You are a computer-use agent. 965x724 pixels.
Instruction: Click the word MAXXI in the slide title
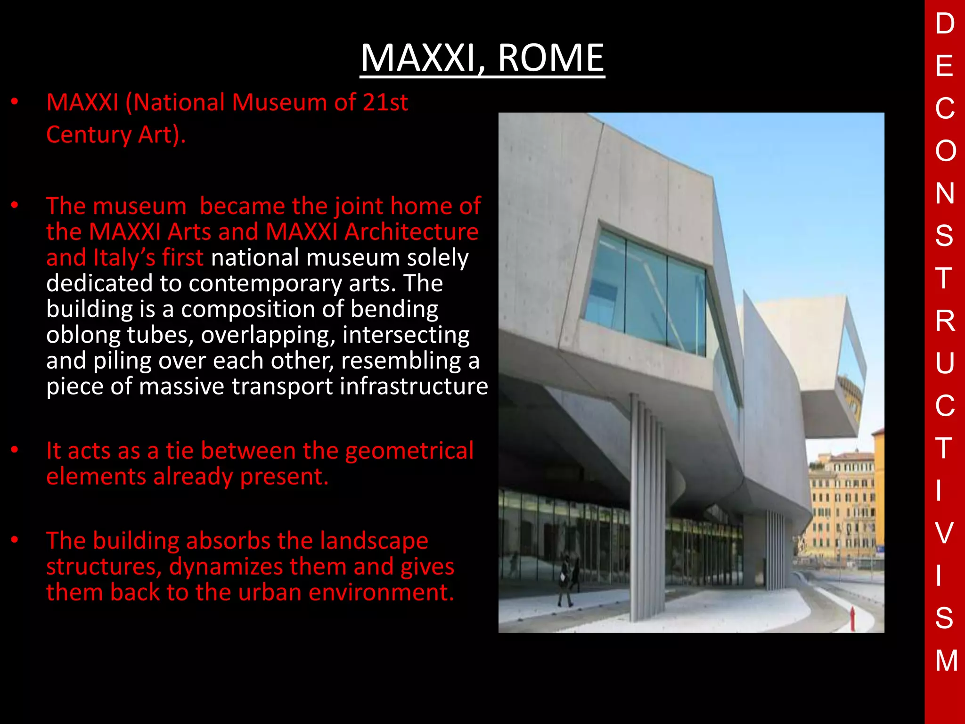pyautogui.click(x=421, y=58)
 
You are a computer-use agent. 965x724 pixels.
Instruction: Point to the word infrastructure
pyautogui.click(x=414, y=387)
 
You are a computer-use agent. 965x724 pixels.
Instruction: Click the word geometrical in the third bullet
pyautogui.click(x=409, y=451)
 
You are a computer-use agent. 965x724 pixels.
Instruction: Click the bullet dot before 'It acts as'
pyautogui.click(x=15, y=450)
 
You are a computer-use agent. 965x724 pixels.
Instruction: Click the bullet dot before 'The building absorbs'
pyautogui.click(x=15, y=540)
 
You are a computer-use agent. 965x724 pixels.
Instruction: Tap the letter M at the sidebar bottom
pyautogui.click(x=946, y=660)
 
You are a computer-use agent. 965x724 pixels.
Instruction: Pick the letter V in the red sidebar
pyautogui.click(x=944, y=533)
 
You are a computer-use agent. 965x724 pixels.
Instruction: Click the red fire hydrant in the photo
pyautogui.click(x=852, y=619)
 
